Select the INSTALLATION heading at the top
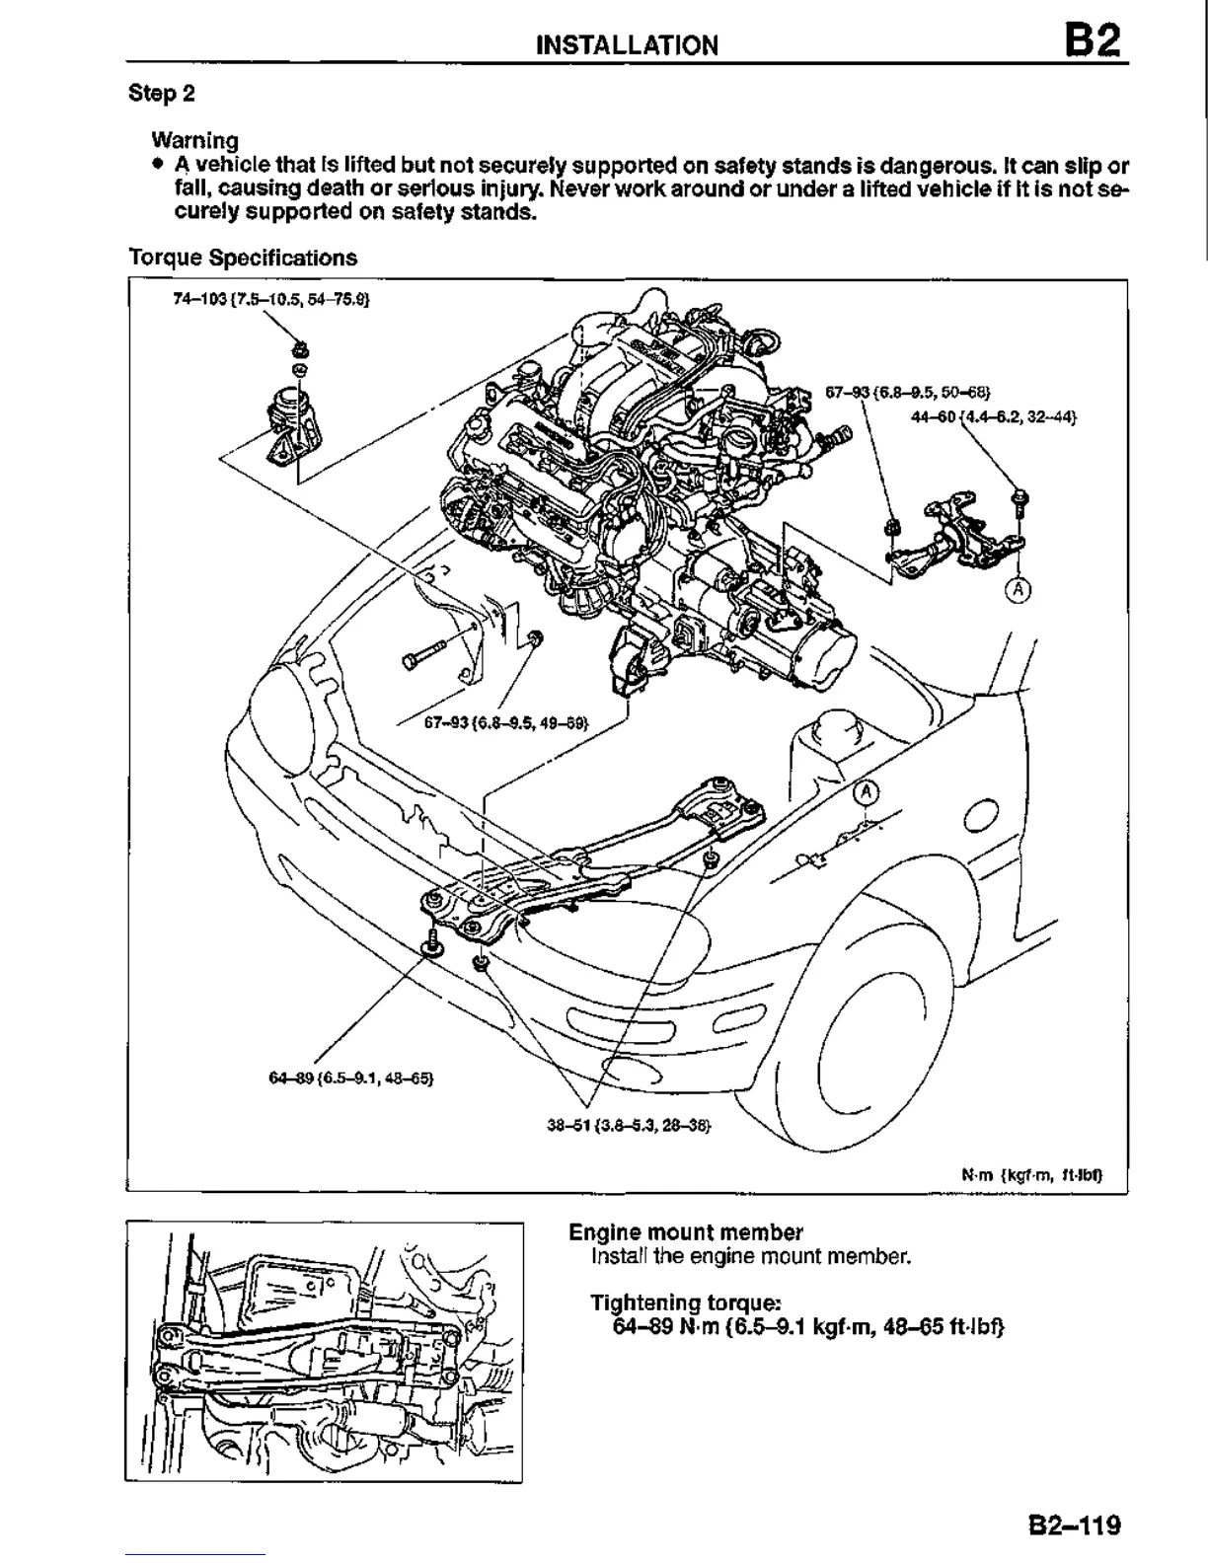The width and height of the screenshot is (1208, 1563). click(x=627, y=45)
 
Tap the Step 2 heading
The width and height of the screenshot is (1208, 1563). click(x=162, y=94)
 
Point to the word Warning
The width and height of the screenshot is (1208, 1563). click(x=194, y=140)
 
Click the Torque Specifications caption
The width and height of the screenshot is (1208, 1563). click(x=243, y=259)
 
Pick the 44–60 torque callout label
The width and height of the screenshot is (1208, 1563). click(x=993, y=416)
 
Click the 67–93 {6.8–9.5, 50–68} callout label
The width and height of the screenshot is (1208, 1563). click(x=907, y=391)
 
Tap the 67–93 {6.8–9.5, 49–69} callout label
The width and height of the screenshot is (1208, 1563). click(x=506, y=722)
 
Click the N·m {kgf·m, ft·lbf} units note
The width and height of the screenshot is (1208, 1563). click(x=1031, y=1176)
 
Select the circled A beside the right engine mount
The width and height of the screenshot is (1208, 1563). click(x=1018, y=590)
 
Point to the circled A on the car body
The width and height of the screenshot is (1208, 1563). click(x=865, y=792)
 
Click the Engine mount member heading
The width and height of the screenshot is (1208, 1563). click(x=686, y=1232)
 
